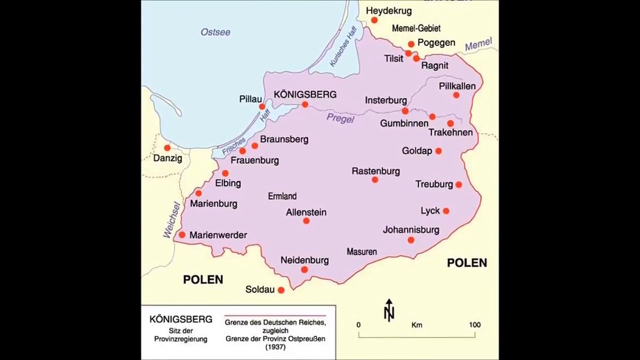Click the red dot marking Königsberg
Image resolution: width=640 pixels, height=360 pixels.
(305, 104)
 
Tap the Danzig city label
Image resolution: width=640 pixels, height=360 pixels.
(167, 158)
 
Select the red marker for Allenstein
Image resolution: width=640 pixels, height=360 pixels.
(306, 220)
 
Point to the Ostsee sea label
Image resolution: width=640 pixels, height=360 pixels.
(215, 32)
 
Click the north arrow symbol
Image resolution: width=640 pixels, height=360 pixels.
(389, 309)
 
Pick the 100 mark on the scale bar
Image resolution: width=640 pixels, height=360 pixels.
(474, 325)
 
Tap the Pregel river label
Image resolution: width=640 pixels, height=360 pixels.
(340, 118)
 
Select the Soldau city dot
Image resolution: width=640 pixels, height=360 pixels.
(281, 290)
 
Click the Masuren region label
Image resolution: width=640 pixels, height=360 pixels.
(361, 251)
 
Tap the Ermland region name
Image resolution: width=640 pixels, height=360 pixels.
(282, 196)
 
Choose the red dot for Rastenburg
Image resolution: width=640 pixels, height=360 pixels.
(375, 179)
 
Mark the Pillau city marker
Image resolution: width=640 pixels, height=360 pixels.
(262, 106)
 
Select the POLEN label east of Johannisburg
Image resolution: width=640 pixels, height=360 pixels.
(466, 262)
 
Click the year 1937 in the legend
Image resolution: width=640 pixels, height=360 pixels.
(275, 347)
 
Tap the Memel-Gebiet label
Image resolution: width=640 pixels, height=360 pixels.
(416, 28)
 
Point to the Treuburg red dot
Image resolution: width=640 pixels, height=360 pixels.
(458, 184)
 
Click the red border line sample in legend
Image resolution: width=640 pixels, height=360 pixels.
(275, 316)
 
